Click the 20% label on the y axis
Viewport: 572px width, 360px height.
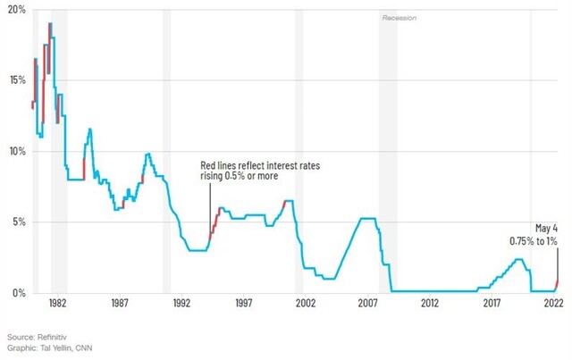point(17,9)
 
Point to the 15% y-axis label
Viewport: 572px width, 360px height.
point(17,80)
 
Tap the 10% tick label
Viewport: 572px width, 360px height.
point(17,151)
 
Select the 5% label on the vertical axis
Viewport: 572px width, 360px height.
point(19,222)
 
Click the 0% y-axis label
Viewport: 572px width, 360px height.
point(19,293)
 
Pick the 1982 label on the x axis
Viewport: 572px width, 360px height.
point(57,303)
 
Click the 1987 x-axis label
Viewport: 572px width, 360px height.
point(120,303)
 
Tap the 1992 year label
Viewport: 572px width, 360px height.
point(181,303)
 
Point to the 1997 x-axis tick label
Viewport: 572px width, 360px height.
point(244,303)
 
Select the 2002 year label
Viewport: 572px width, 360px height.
point(306,303)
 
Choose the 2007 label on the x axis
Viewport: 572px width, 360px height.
point(367,303)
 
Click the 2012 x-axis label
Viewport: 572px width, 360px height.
point(430,303)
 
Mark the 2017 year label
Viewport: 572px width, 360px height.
point(492,303)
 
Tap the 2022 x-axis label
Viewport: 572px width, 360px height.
point(554,303)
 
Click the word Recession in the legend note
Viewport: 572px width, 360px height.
point(400,18)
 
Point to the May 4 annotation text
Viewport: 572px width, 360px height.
point(546,229)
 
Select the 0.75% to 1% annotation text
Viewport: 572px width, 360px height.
point(534,241)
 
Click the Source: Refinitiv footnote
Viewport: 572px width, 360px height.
point(37,337)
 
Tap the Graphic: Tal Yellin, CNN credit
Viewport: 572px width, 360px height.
point(50,348)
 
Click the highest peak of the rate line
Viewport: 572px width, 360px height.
point(50,23)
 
